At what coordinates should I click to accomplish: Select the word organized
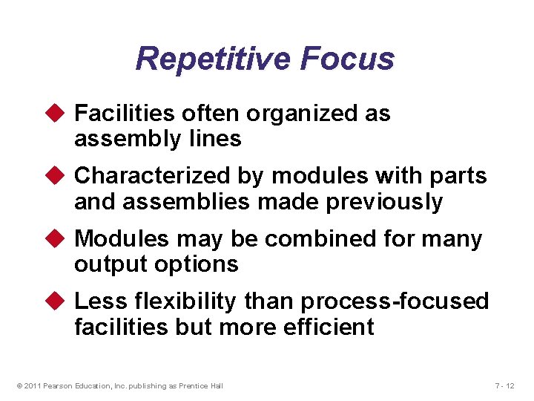point(291,114)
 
